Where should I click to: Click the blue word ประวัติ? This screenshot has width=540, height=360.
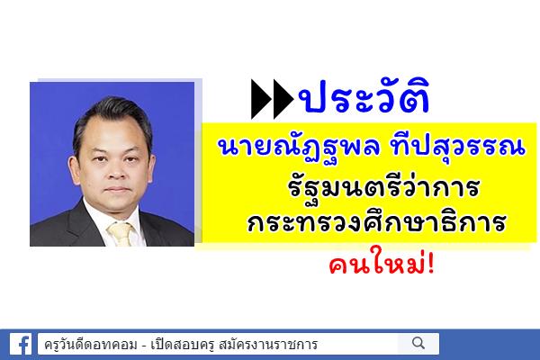click(x=364, y=96)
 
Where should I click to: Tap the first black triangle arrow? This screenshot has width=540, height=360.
click(x=262, y=99)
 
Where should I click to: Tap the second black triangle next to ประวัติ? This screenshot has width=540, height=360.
click(x=283, y=99)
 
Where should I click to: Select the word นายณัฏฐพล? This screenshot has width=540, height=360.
click(x=300, y=148)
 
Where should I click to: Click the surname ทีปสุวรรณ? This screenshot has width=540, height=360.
click(x=458, y=146)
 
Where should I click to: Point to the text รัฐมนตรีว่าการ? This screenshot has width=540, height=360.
click(x=383, y=188)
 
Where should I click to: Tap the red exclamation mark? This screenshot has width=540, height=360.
click(x=430, y=265)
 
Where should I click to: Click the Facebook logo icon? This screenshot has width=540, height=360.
click(x=21, y=344)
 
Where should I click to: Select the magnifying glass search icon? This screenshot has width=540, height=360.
click(x=418, y=343)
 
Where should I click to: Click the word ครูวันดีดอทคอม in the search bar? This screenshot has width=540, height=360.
click(x=91, y=344)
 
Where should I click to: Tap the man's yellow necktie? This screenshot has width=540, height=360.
click(x=121, y=234)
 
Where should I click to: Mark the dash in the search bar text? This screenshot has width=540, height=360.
click(x=144, y=345)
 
